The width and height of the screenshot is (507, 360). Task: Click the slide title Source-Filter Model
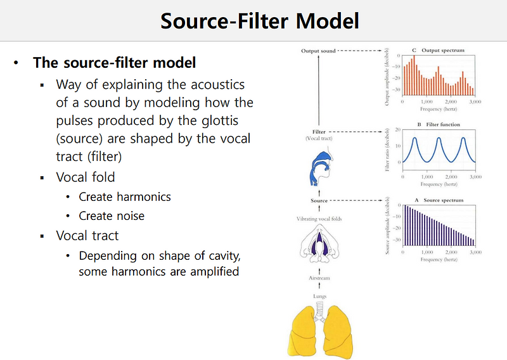(260, 20)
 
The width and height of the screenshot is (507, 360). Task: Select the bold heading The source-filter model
(114, 63)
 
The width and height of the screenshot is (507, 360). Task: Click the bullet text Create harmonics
(125, 196)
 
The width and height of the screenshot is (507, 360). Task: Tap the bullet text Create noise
(112, 216)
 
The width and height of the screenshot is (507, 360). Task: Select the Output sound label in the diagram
(319, 50)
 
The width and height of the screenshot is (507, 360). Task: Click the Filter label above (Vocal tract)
(319, 132)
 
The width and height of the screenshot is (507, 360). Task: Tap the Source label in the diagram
(319, 201)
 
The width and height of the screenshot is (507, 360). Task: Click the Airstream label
(319, 278)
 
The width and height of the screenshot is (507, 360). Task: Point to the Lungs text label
(319, 296)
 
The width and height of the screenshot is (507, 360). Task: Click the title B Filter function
(437, 125)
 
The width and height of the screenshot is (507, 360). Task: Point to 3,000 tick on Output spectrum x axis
(475, 101)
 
